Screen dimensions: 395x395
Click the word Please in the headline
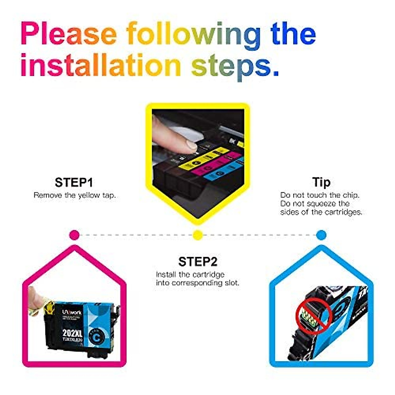[69, 34]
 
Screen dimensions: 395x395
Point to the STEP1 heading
[74, 182]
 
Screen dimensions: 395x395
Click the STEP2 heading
[198, 262]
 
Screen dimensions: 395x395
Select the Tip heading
[321, 182]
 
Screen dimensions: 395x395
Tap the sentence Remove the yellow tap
[75, 195]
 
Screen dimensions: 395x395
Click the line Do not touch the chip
[320, 195]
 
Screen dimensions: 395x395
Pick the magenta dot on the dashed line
[75, 235]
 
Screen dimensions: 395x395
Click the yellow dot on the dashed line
[197, 235]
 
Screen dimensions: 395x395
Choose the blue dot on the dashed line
[321, 235]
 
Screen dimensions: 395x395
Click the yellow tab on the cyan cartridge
[48, 306]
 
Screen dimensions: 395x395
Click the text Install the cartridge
[190, 275]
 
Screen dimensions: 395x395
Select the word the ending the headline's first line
[293, 34]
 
